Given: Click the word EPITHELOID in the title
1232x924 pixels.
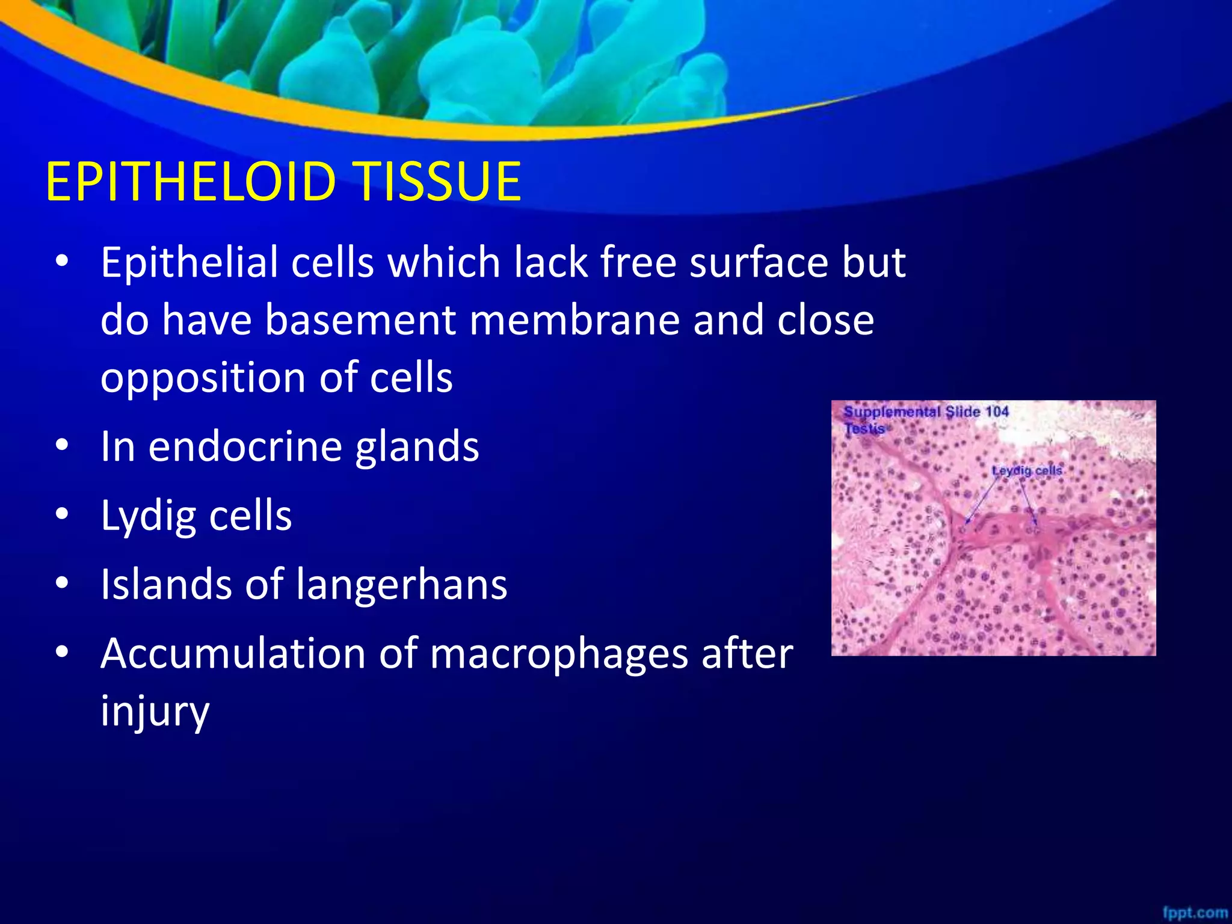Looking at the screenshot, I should point(190,182).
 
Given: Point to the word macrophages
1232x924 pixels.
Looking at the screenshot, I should point(559,654).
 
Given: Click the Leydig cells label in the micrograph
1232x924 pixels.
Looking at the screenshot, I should point(1027,470).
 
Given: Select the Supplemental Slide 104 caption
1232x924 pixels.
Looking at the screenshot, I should point(925,412).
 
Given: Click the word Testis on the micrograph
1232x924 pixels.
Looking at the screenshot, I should point(864,429).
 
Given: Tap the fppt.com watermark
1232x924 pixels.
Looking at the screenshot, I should point(1194,913).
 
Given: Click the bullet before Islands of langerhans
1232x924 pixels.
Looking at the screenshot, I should point(62,583).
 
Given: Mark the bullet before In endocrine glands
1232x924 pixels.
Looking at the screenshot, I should point(62,446).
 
